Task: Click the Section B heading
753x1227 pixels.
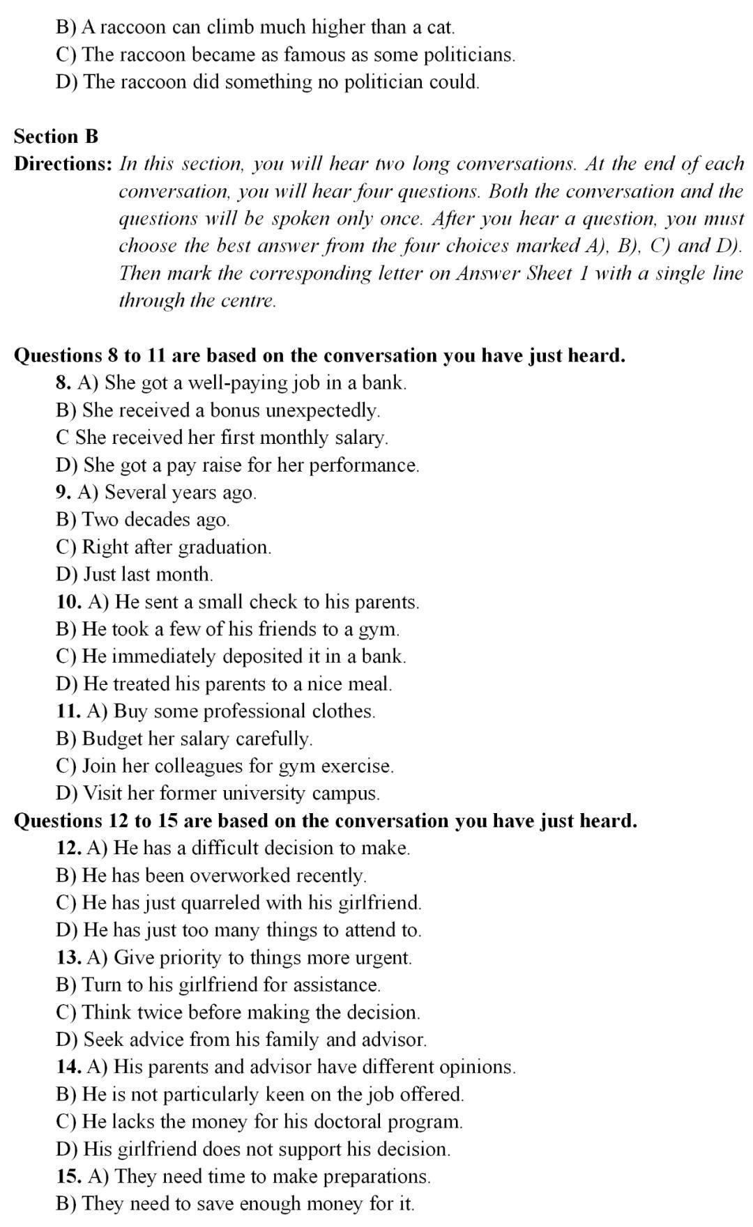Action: coord(56,136)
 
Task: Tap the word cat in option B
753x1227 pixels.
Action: coord(439,27)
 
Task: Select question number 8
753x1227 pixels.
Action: coord(63,383)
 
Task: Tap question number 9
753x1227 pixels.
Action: coord(63,492)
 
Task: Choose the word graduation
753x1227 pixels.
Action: coord(224,547)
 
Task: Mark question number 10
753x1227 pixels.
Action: coord(68,601)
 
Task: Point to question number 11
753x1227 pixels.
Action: coord(68,711)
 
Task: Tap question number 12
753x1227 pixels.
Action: coord(68,847)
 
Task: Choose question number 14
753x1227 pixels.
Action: coord(68,1067)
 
